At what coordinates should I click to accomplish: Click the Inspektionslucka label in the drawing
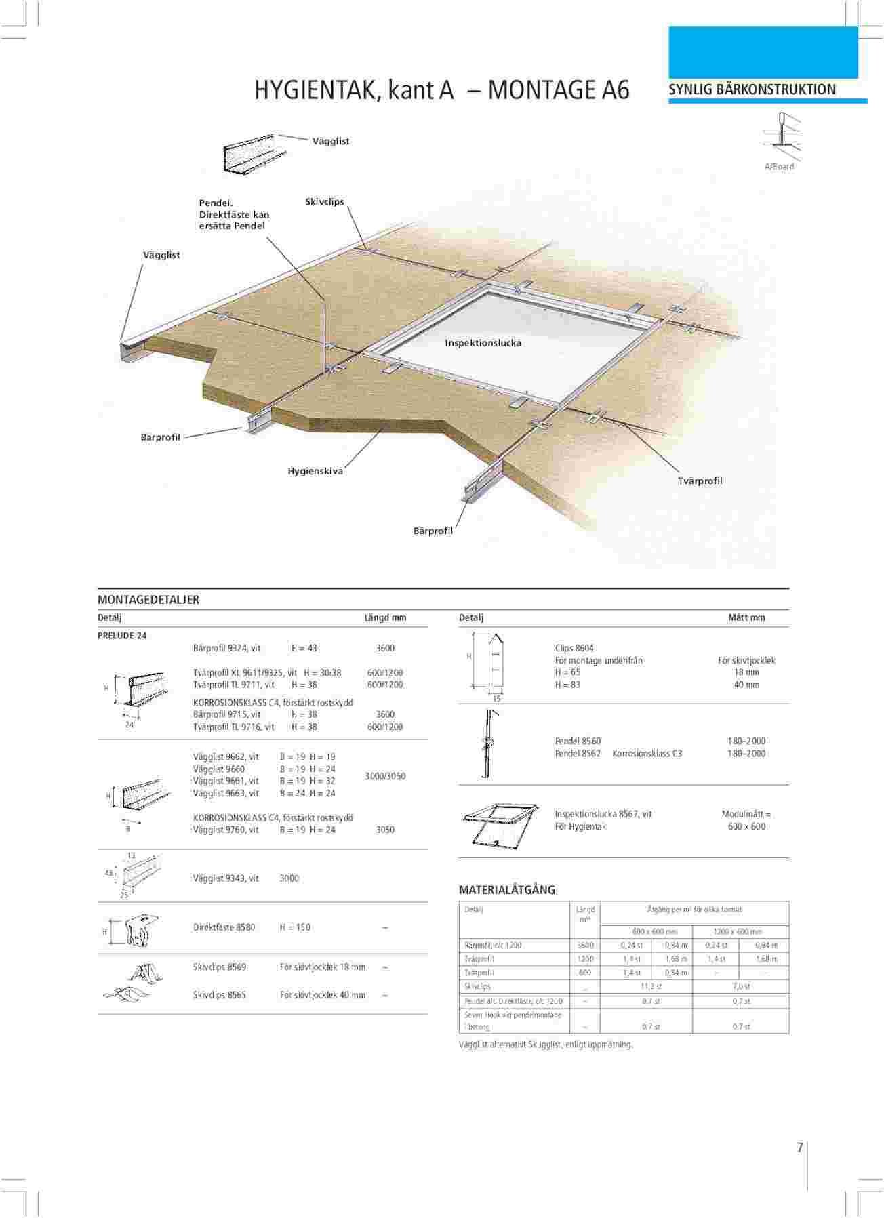(483, 343)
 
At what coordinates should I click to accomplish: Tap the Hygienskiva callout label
(315, 471)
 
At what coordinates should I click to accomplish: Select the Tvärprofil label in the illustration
(700, 481)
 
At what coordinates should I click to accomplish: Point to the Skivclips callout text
(324, 202)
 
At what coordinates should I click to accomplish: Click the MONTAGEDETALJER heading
(148, 600)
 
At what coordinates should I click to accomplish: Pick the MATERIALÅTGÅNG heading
(507, 890)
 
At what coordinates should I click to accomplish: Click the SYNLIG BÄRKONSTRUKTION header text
(752, 89)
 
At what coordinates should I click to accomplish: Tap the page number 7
(800, 1148)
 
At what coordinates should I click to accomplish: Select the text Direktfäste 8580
(224, 927)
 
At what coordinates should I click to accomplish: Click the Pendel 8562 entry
(578, 754)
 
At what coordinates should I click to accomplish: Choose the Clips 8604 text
(574, 648)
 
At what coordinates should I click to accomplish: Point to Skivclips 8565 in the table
(220, 995)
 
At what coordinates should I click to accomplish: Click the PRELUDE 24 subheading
(123, 636)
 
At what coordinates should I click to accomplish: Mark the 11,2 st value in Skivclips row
(651, 986)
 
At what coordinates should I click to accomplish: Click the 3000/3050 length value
(385, 776)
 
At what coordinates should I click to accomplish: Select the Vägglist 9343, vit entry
(226, 878)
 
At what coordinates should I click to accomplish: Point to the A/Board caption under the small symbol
(779, 167)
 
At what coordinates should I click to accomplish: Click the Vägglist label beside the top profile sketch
(331, 141)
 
